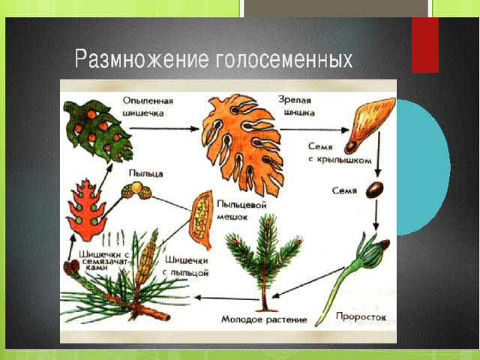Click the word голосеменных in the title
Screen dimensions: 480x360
[x=283, y=59]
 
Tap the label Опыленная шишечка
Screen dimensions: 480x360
[x=148, y=106]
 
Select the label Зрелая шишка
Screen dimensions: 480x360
[x=296, y=106]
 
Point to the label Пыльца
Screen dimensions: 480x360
[x=145, y=173]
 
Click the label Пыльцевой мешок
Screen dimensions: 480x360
[x=241, y=211]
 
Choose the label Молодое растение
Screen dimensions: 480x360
[x=264, y=319]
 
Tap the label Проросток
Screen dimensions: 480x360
[x=361, y=316]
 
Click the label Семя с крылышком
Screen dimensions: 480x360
[x=340, y=153]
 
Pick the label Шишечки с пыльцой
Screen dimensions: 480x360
[x=187, y=266]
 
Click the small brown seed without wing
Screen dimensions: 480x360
[x=374, y=190]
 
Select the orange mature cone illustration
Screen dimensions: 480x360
[x=241, y=144]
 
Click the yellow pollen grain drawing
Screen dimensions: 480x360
[x=136, y=190]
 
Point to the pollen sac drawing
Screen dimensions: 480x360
[x=201, y=219]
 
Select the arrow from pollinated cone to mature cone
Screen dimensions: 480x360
[x=164, y=129]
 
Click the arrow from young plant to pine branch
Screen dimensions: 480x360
[x=226, y=298]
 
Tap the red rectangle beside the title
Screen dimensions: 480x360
[x=425, y=45]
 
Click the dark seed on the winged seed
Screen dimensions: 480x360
[x=351, y=147]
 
